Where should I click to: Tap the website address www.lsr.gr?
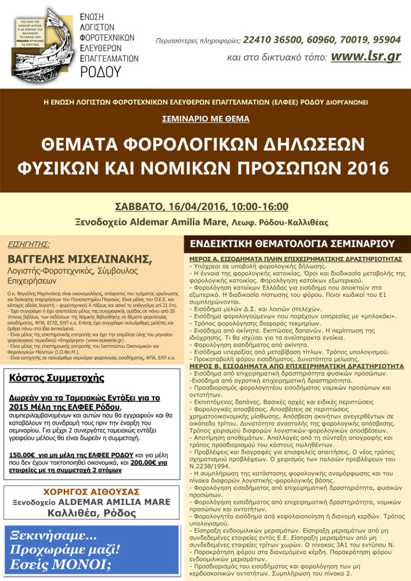(366, 56)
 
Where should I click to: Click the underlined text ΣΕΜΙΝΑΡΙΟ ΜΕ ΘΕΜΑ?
(205, 119)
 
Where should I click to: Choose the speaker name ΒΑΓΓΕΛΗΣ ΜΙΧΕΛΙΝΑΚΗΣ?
(80, 260)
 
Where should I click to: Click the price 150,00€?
(24, 455)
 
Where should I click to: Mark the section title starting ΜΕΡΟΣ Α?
(295, 258)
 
